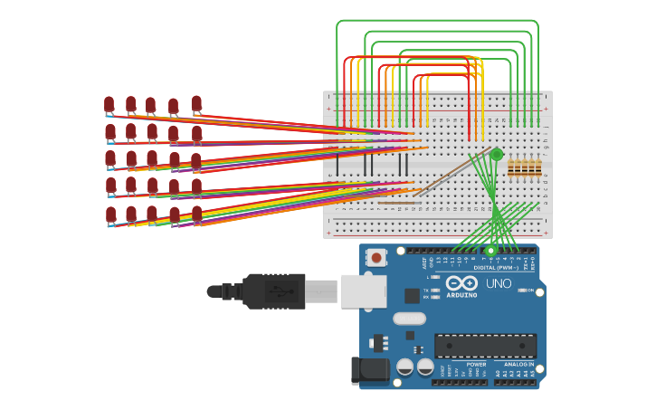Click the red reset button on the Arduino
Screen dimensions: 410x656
tap(376, 258)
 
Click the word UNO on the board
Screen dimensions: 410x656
tap(499, 283)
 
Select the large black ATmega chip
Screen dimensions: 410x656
tap(485, 346)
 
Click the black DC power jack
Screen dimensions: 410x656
tap(368, 370)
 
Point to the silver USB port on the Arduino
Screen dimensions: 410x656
tap(364, 291)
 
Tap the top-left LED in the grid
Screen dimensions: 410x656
tap(109, 104)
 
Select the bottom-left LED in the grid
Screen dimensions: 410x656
tap(110, 215)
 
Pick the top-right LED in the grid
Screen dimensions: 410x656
tap(196, 104)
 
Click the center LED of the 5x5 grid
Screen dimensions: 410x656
tap(152, 159)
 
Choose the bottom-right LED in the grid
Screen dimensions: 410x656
tap(196, 215)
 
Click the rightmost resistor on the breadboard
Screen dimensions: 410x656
tap(538, 167)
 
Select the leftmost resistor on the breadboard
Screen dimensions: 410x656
tap(511, 167)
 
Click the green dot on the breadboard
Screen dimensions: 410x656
tap(496, 155)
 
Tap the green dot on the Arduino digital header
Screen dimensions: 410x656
tap(491, 250)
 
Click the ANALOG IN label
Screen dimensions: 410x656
tap(518, 364)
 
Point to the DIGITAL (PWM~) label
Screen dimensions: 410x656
tap(496, 267)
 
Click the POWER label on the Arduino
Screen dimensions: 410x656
tap(476, 364)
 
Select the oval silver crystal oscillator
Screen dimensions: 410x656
tap(409, 318)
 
